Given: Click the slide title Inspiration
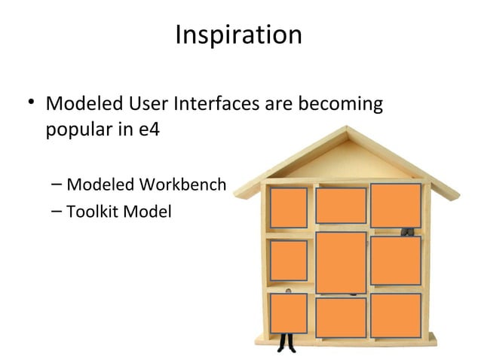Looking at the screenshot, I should pyautogui.click(x=237, y=35).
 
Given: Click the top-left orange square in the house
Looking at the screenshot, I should pyautogui.click(x=289, y=207).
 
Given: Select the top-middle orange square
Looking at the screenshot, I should pyautogui.click(x=341, y=206).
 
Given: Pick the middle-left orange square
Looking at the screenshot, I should pyautogui.click(x=289, y=260).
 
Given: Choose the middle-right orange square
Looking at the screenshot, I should pyautogui.click(x=396, y=261).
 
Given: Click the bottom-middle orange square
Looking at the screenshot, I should pyautogui.click(x=341, y=317).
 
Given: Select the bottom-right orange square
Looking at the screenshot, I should pyautogui.click(x=396, y=315).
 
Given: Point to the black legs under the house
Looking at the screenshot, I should pyautogui.click(x=286, y=343).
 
